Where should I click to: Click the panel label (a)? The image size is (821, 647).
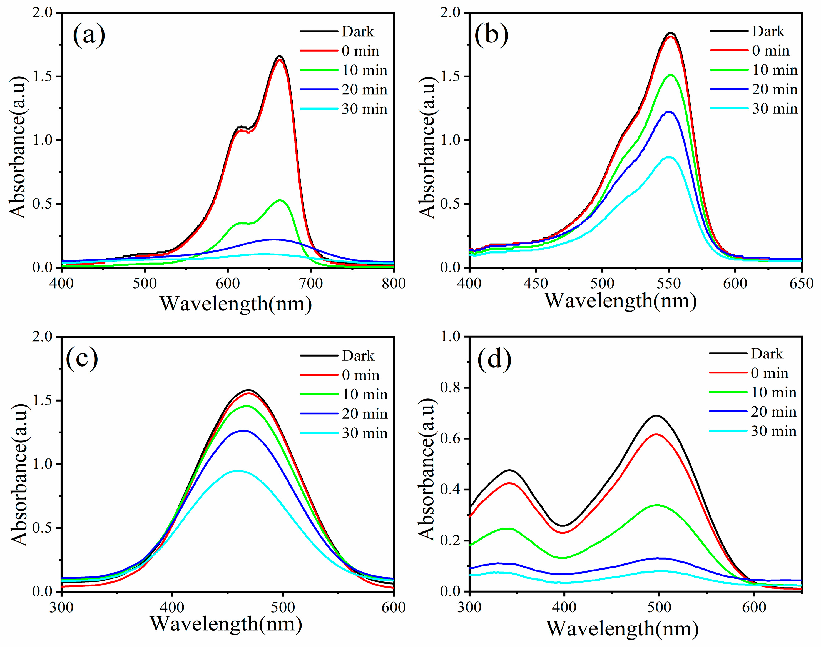89,35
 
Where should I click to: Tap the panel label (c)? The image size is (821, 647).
82,358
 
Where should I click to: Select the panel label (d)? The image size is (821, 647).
494,358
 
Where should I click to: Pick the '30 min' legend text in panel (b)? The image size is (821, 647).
775,109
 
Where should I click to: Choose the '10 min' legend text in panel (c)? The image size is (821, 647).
365,394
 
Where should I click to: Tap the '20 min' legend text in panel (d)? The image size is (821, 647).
774,412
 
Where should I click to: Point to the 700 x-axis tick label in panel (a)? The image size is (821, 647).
310,283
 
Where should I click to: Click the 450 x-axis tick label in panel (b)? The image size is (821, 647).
536,283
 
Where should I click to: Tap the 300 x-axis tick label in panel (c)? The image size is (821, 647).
61,607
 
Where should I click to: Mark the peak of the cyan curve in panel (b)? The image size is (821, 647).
669,157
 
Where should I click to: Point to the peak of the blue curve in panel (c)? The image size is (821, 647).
244,431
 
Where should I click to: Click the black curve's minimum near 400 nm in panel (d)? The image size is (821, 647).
563,525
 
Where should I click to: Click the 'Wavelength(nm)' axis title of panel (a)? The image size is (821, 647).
236,304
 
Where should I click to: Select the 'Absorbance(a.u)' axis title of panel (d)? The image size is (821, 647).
427,470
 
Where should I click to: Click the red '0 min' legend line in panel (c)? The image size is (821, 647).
319,375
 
